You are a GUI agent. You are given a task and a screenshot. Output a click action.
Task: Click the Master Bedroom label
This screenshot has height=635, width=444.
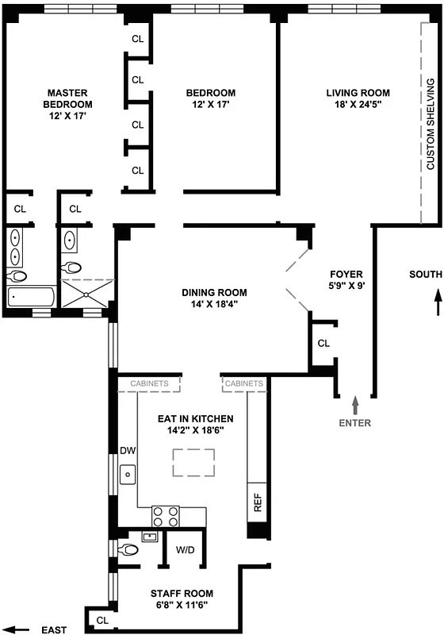pyautogui.click(x=67, y=93)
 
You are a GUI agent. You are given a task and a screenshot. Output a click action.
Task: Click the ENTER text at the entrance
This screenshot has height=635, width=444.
pyautogui.click(x=355, y=423)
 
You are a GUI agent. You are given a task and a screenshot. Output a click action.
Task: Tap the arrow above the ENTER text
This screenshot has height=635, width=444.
pyautogui.click(x=355, y=404)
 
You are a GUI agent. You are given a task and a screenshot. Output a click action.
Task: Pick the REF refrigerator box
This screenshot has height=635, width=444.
pyautogui.click(x=258, y=502)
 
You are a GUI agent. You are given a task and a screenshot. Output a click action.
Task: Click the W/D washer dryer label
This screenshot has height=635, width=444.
pyautogui.click(x=185, y=549)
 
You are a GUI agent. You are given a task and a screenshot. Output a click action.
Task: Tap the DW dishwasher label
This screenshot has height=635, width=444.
pyautogui.click(x=127, y=450)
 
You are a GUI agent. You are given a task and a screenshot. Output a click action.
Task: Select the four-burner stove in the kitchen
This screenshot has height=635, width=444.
pyautogui.click(x=165, y=517)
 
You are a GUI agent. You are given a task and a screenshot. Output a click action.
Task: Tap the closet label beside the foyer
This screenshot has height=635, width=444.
pyautogui.click(x=323, y=344)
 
